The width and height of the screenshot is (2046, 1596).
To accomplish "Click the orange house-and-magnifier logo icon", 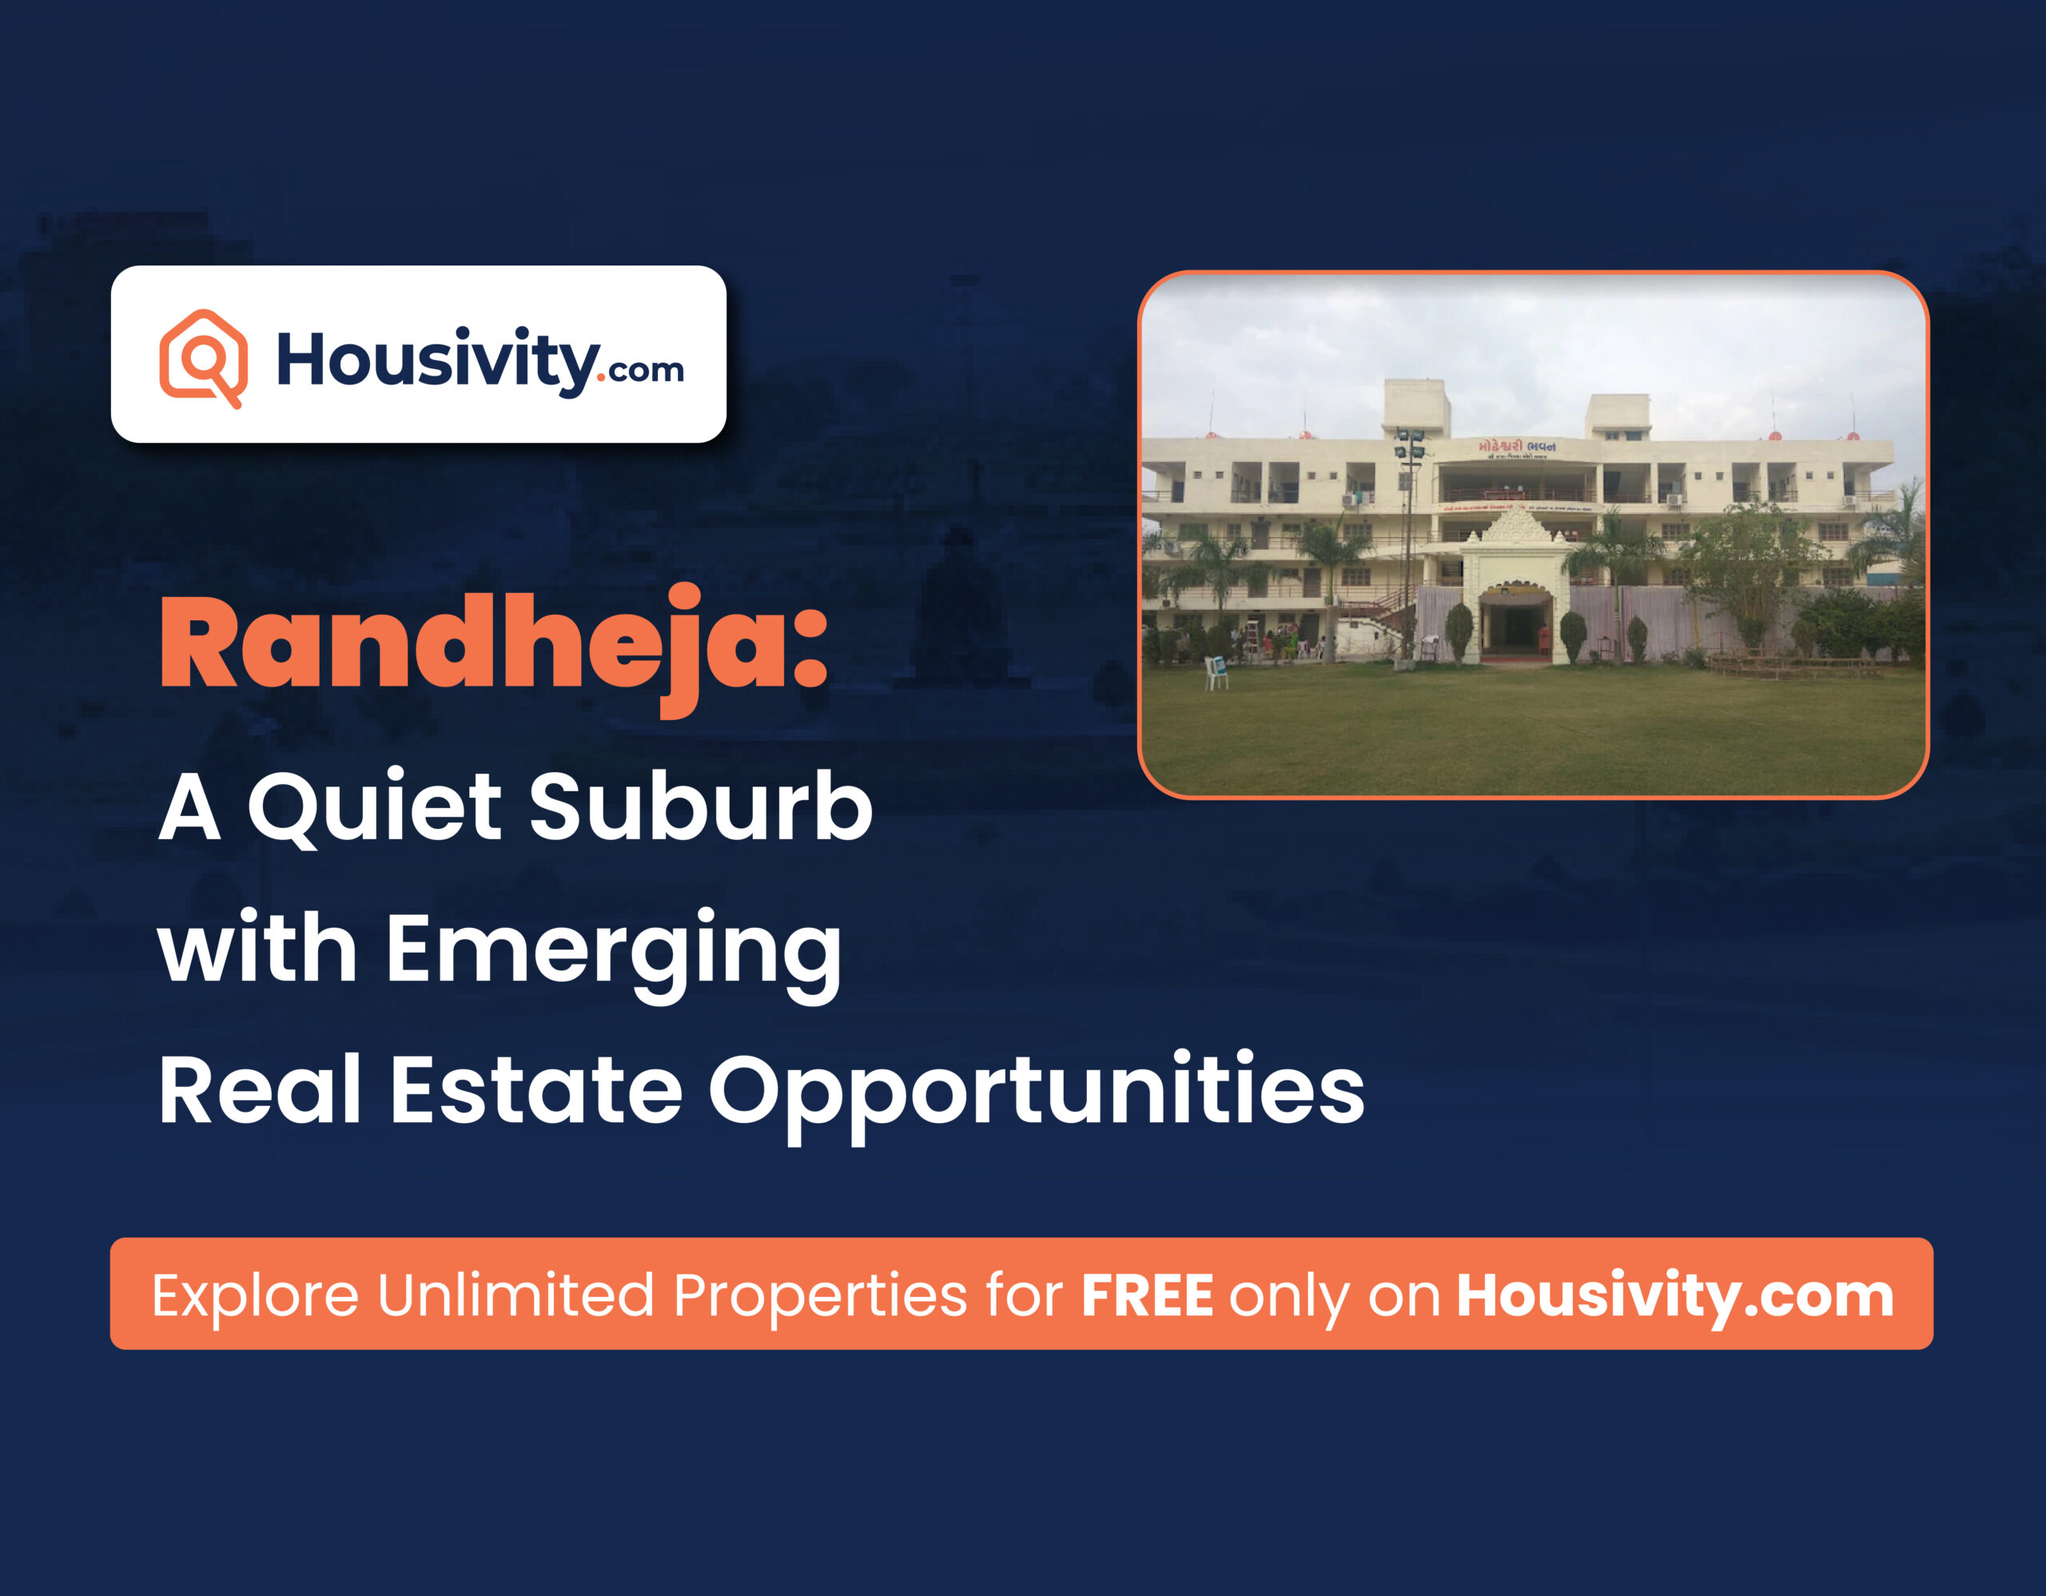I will coord(203,358).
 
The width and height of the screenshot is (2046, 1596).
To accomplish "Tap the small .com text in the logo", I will coord(644,370).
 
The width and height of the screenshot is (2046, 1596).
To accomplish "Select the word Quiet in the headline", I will coord(375,807).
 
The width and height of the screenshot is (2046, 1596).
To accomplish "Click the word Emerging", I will coord(614,949).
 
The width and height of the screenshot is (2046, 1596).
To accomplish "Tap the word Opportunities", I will coord(1036,1091).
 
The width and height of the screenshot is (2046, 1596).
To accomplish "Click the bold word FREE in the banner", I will coord(1147,1296).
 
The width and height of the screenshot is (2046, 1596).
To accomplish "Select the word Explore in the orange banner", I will coord(255,1296).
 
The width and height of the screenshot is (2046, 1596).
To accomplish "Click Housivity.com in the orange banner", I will coord(1675,1296).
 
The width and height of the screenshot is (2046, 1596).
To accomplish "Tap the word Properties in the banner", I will coord(820,1296).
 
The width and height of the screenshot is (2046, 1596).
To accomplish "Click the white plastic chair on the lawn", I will coord(1215,672).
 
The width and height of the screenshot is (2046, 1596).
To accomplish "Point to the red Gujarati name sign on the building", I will coord(1517,447).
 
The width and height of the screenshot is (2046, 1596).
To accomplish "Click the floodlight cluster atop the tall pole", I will coord(1408,445).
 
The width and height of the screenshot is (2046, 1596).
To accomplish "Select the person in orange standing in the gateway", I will coord(1543,639).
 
